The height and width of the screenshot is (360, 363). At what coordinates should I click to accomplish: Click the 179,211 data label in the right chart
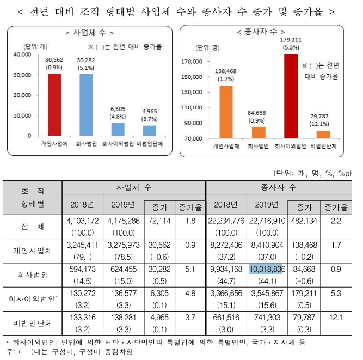tap(291, 40)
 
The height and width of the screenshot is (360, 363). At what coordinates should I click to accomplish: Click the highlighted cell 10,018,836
tap(267, 269)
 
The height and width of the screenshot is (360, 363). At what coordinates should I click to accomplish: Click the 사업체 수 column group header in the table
tap(133, 187)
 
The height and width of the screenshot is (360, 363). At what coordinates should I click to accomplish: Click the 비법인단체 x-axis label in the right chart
tap(324, 147)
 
